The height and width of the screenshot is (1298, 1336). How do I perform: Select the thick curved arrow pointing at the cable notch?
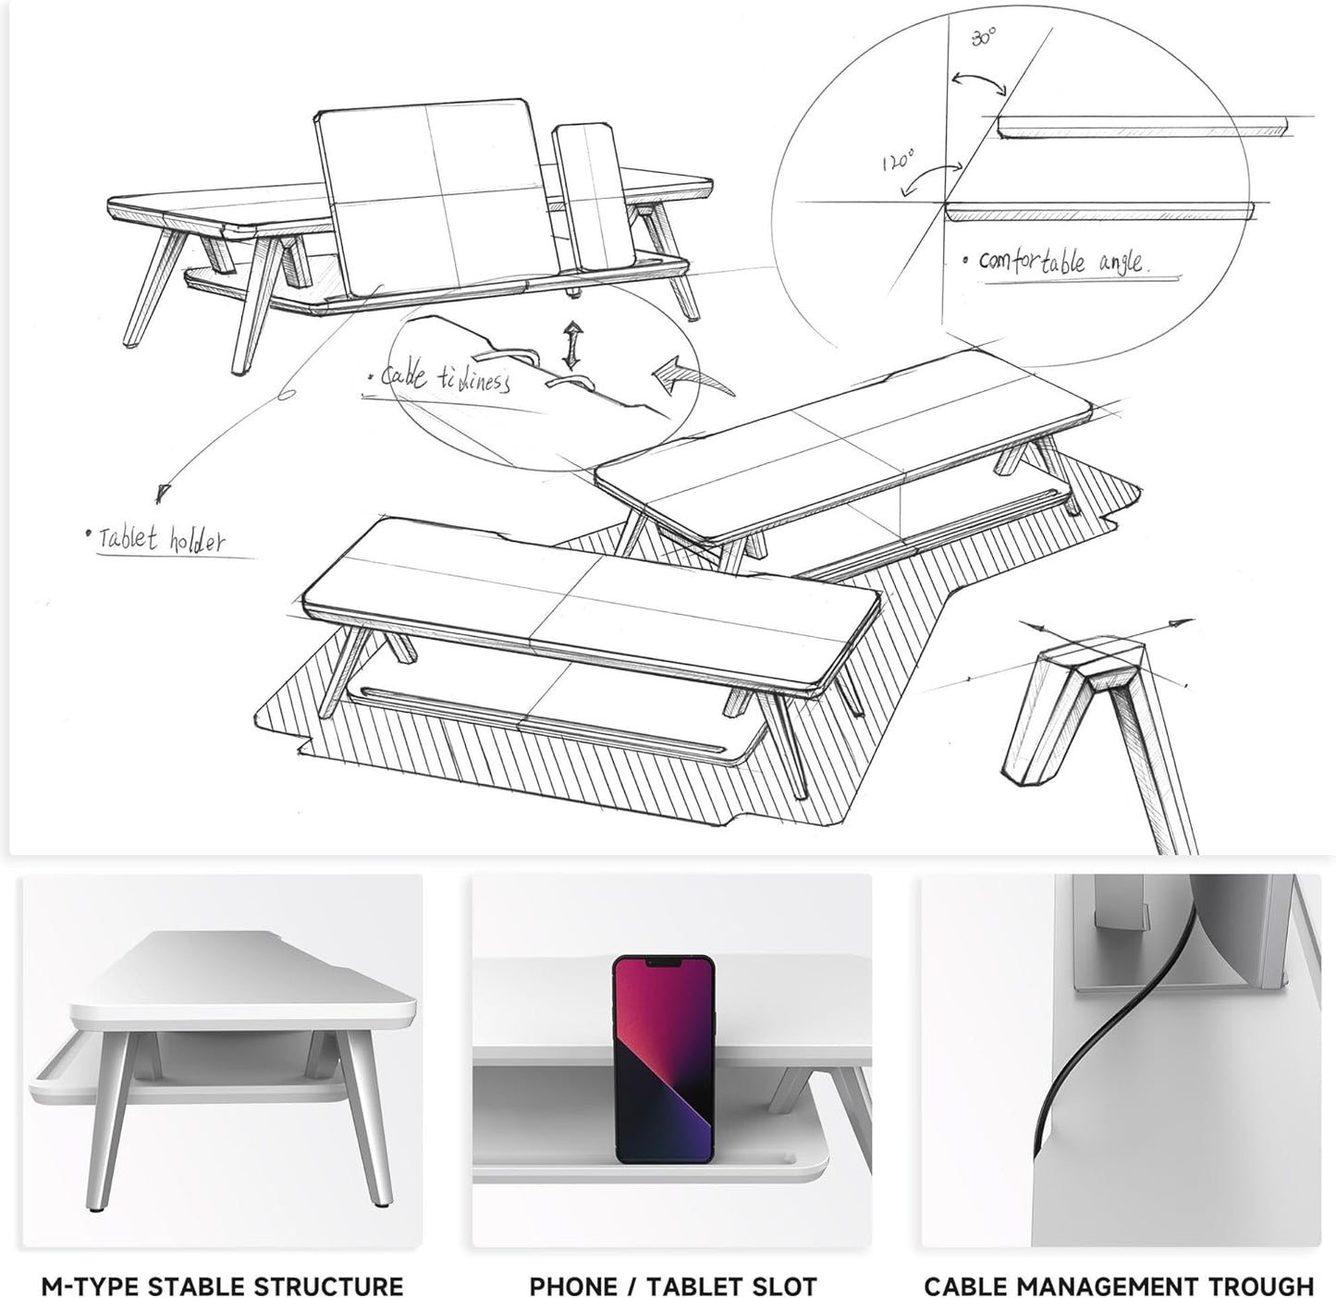[680, 375]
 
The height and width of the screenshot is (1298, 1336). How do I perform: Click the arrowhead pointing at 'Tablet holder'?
[164, 492]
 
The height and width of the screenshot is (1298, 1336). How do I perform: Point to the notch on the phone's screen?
[663, 963]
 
